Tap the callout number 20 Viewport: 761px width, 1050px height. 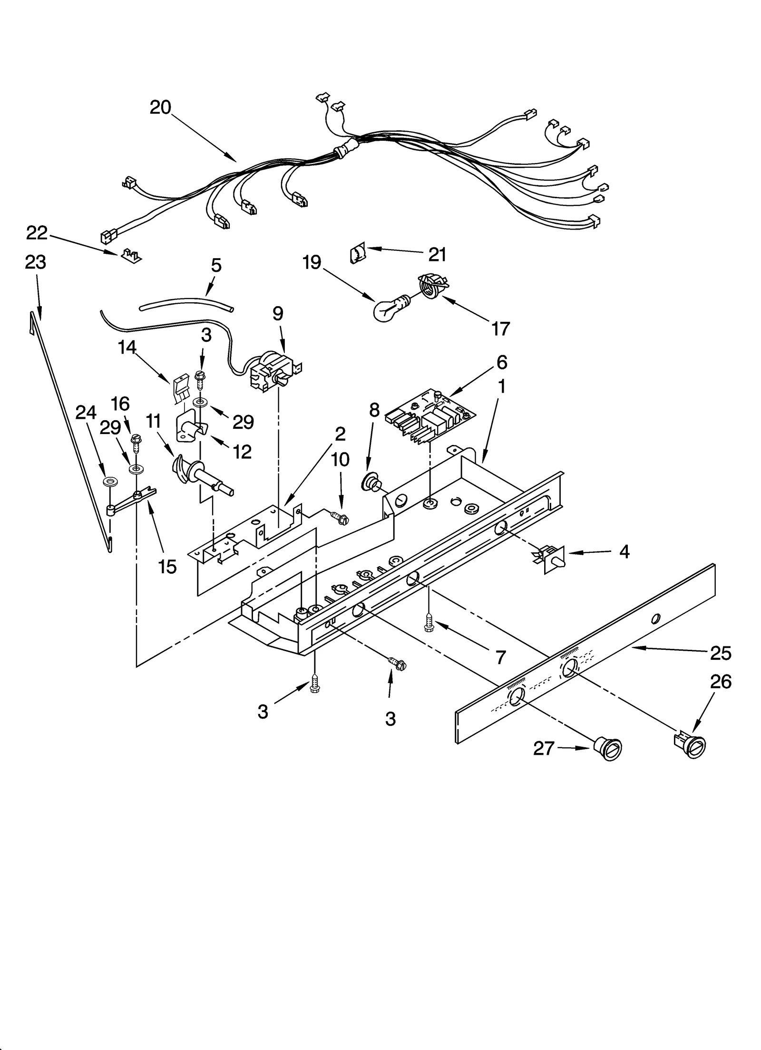coord(160,107)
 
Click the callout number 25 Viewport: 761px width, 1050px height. coord(720,653)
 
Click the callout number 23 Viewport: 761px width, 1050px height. coord(36,262)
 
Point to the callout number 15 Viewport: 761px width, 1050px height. coord(167,567)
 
